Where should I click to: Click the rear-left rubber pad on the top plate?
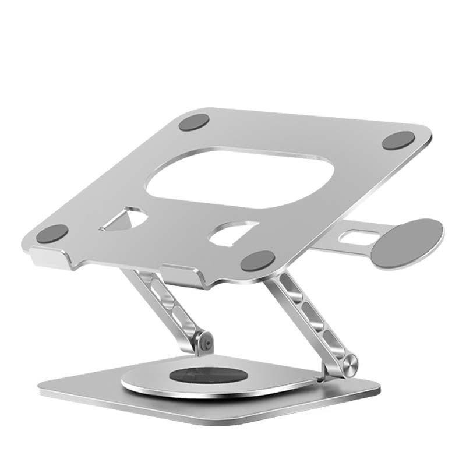tap(194, 123)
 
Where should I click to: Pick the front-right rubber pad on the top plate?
tap(257, 260)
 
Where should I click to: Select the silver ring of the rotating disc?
tap(146, 382)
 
